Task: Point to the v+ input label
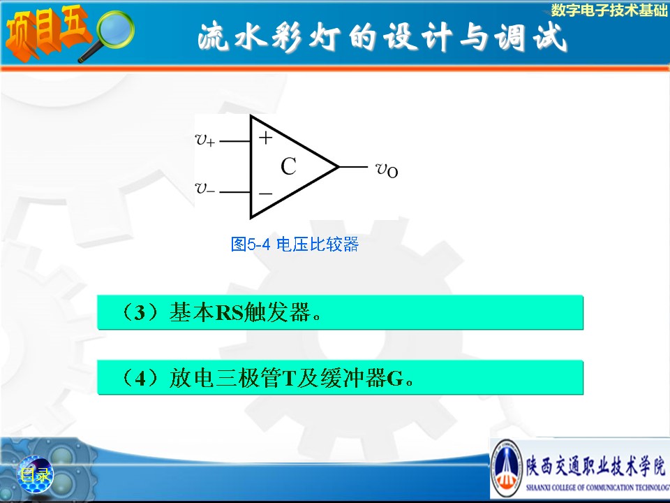205,140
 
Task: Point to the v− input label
205,188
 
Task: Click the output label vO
387,170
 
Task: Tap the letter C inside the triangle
288,166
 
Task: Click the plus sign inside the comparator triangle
265,138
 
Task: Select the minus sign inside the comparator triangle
265,194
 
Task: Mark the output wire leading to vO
353,167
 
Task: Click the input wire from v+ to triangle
234,140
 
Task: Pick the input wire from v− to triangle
234,192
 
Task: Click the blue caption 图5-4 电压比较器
295,245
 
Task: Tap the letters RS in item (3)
230,313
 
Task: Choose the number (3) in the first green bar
140,313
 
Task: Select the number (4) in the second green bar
140,378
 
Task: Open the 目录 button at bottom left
36,474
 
